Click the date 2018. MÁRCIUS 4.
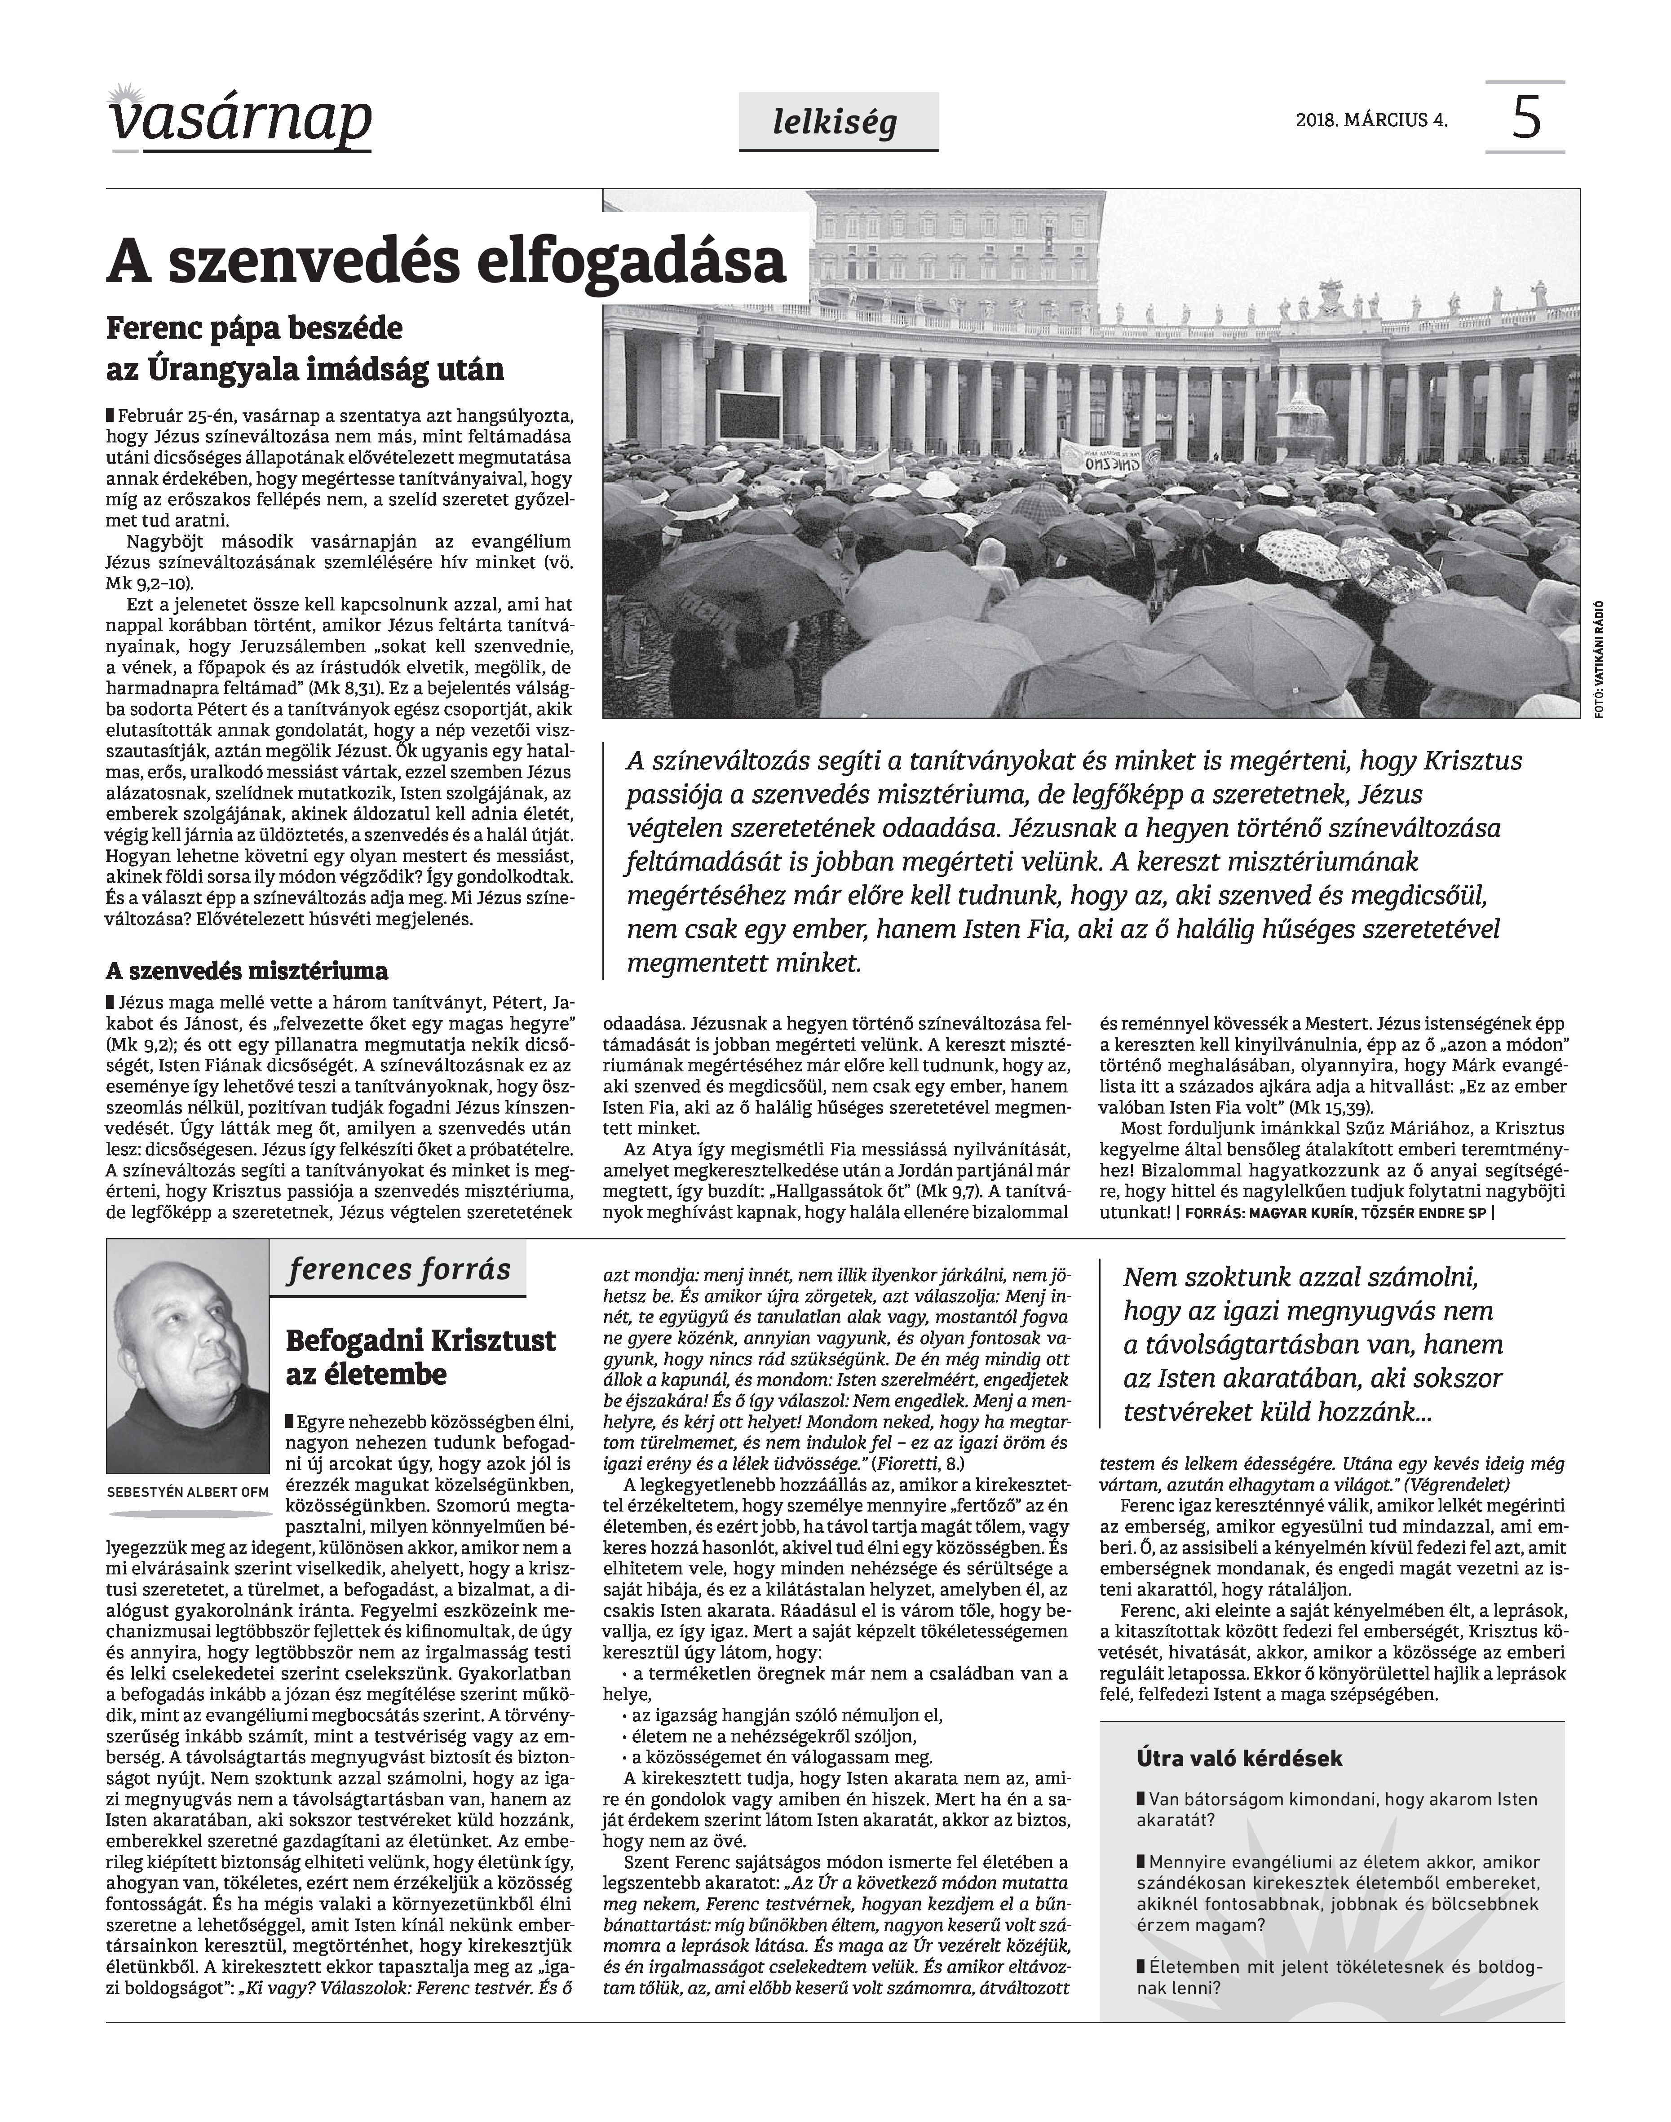pyautogui.click(x=1372, y=121)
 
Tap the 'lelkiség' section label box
pyautogui.click(x=837, y=121)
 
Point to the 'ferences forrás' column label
pyautogui.click(x=399, y=1270)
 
